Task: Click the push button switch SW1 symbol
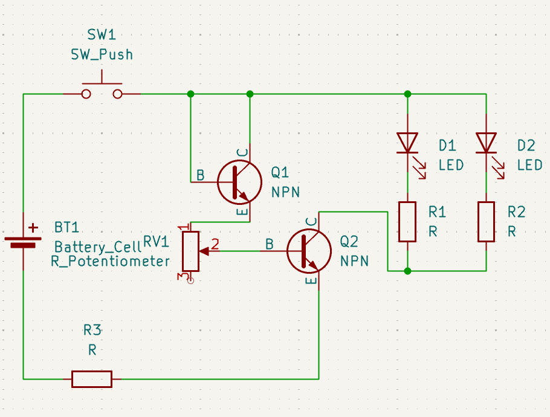pyautogui.click(x=102, y=91)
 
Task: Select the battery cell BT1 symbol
pyautogui.click(x=23, y=239)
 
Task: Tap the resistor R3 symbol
pyautogui.click(x=92, y=379)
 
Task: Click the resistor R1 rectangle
pyautogui.click(x=407, y=222)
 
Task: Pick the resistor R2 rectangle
pyautogui.click(x=487, y=222)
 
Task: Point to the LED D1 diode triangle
pyautogui.click(x=407, y=143)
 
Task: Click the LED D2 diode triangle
pyautogui.click(x=487, y=143)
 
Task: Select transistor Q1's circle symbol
pyautogui.click(x=239, y=181)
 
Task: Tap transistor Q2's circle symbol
pyautogui.click(x=309, y=250)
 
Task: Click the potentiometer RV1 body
pyautogui.click(x=190, y=251)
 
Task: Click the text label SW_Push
pyautogui.click(x=102, y=54)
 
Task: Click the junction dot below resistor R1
pyautogui.click(x=407, y=271)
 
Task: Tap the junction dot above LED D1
pyautogui.click(x=407, y=94)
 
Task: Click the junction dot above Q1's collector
pyautogui.click(x=250, y=94)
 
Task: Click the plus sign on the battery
pyautogui.click(x=33, y=228)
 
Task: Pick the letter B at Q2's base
pyautogui.click(x=270, y=244)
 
